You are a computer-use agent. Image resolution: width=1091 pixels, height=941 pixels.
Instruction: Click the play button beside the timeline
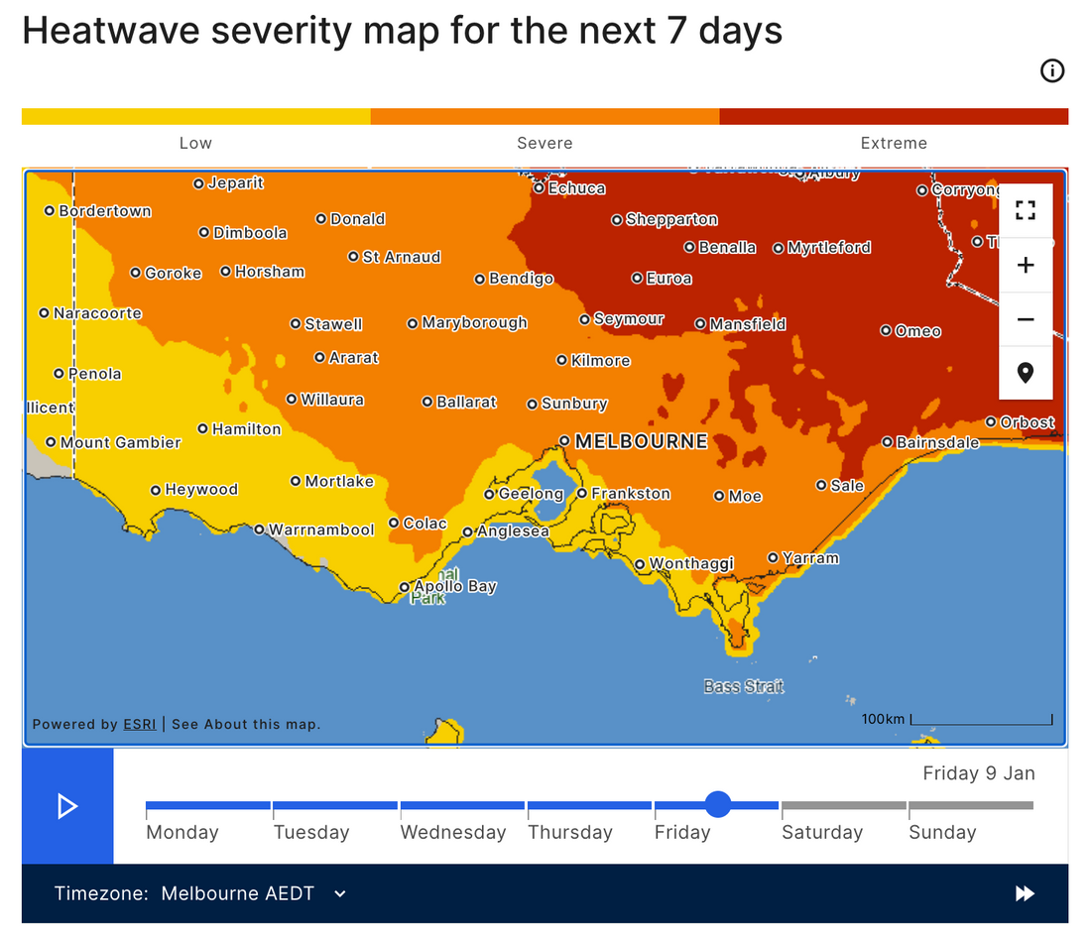[67, 806]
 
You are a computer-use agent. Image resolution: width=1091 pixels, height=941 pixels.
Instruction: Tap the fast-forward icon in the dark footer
[1025, 893]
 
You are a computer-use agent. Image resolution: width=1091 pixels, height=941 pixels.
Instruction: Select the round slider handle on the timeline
[718, 804]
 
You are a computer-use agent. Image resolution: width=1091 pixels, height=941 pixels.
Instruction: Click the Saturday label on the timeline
[821, 833]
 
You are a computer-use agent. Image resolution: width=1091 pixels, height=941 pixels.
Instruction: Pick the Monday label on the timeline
[182, 833]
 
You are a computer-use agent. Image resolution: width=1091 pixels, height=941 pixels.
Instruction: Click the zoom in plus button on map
[1026, 266]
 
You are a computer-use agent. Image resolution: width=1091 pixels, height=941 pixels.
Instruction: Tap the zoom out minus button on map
[1026, 319]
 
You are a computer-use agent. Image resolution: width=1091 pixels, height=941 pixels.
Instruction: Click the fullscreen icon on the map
[1026, 211]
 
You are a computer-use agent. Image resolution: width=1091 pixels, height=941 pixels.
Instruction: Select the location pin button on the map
[1026, 373]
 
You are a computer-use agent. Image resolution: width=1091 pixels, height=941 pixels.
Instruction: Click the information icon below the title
[1051, 70]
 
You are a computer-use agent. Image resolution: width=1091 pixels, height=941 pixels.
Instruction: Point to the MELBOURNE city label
[641, 441]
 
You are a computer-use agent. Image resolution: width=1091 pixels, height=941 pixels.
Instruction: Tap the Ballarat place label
[466, 403]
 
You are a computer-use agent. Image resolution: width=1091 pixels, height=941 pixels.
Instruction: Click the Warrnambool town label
[321, 530]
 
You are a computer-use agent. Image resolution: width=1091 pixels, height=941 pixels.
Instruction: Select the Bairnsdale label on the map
[937, 443]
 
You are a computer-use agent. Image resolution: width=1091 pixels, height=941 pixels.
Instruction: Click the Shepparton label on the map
[671, 220]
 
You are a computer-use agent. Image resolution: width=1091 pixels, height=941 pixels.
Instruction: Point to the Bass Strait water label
[743, 686]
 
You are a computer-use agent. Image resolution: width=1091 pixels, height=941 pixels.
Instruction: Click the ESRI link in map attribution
[139, 725]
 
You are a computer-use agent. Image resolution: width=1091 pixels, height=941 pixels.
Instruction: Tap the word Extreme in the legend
[893, 144]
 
